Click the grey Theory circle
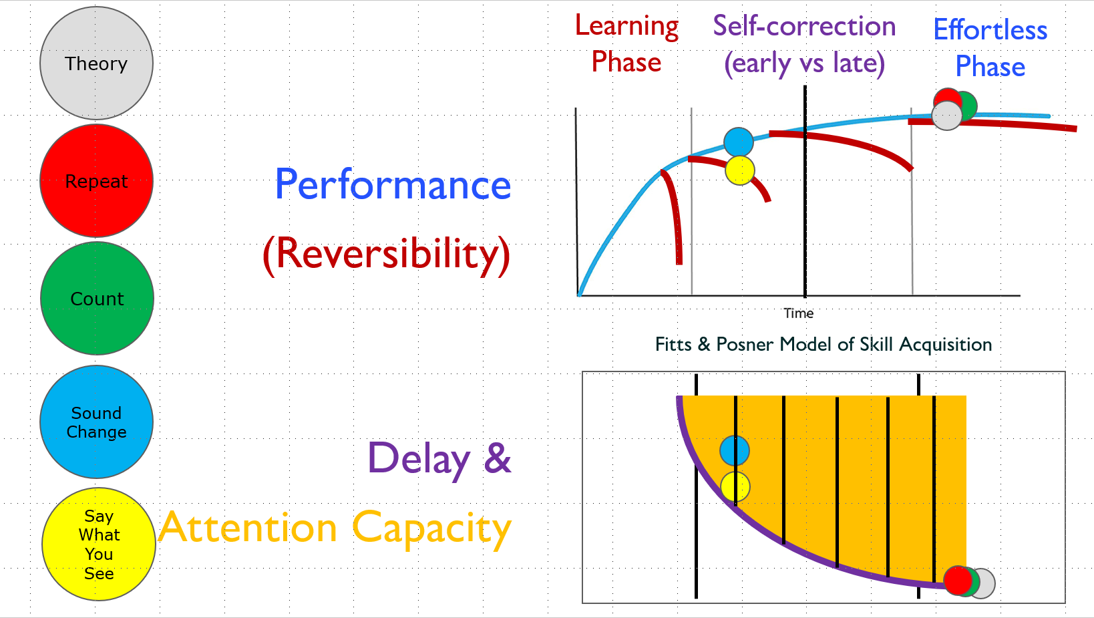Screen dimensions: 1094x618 pyautogui.click(x=96, y=63)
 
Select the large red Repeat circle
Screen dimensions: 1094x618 pyautogui.click(x=96, y=181)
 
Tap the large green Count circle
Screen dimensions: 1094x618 pyautogui.click(x=97, y=298)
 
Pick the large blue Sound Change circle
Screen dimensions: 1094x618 pyautogui.click(x=96, y=422)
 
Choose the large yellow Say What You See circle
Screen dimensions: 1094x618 pyautogui.click(x=98, y=545)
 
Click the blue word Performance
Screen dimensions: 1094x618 pyautogui.click(x=393, y=185)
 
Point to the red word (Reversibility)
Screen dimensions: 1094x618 pyautogui.click(x=387, y=254)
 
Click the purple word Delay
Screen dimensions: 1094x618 pyautogui.click(x=419, y=459)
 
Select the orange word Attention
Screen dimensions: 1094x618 pyautogui.click(x=248, y=528)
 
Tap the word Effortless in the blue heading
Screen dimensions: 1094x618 pyautogui.click(x=990, y=31)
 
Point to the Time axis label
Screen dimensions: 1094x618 pyautogui.click(x=799, y=313)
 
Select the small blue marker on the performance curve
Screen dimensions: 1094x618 pyautogui.click(x=739, y=142)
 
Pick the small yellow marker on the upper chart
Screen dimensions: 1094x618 pyautogui.click(x=740, y=170)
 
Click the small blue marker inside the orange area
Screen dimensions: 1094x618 pyautogui.click(x=735, y=450)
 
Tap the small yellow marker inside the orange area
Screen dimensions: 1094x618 pyautogui.click(x=735, y=487)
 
